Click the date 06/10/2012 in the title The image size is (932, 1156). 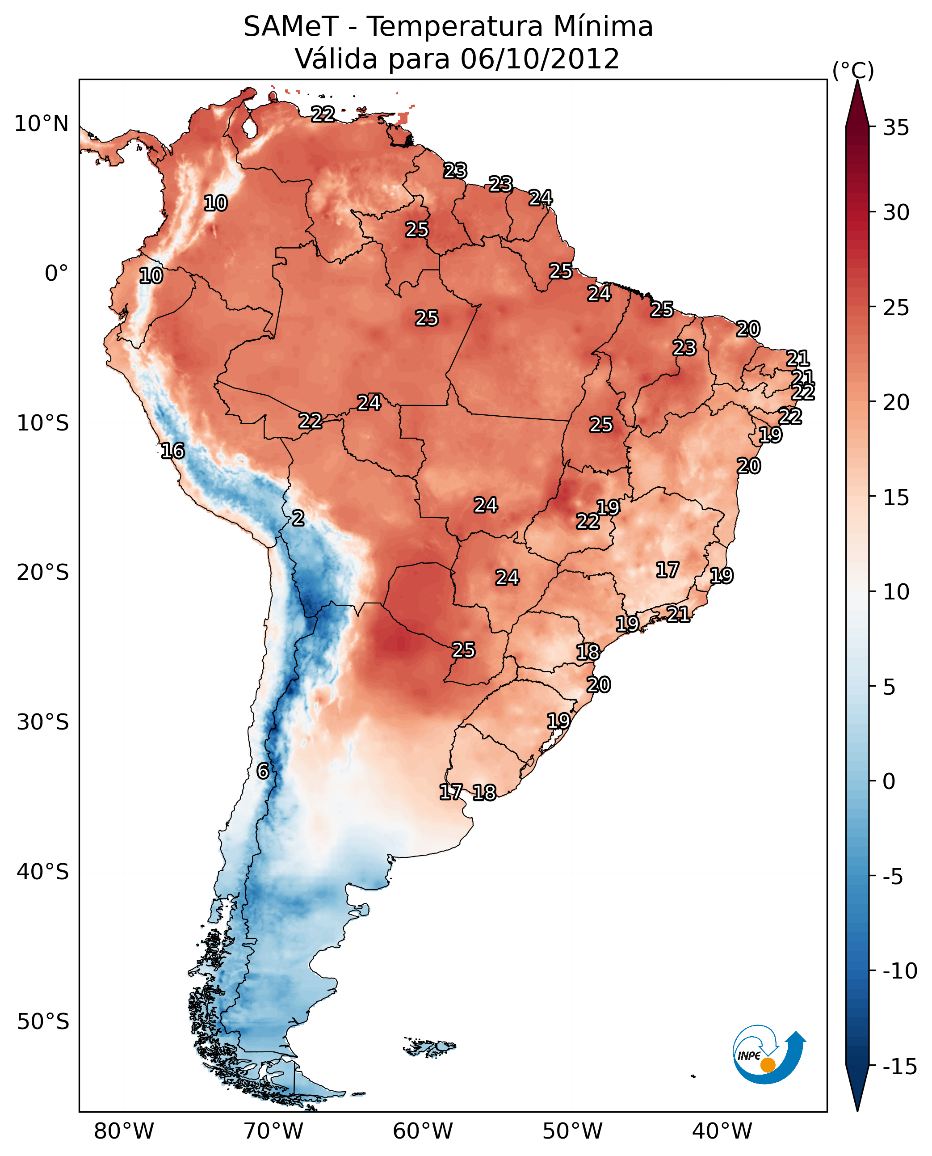(x=540, y=59)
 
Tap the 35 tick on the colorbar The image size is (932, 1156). (x=895, y=128)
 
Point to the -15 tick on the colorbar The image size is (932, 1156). (x=900, y=1066)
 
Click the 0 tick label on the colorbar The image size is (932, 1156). (x=889, y=781)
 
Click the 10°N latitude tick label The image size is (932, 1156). (x=42, y=124)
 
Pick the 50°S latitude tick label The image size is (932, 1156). (x=43, y=1021)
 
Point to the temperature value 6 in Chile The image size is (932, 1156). (x=263, y=771)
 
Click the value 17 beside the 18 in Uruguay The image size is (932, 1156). (x=451, y=792)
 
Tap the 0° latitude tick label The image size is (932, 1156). (x=56, y=274)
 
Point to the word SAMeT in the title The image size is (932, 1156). (x=290, y=27)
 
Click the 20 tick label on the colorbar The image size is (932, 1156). (x=895, y=402)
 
